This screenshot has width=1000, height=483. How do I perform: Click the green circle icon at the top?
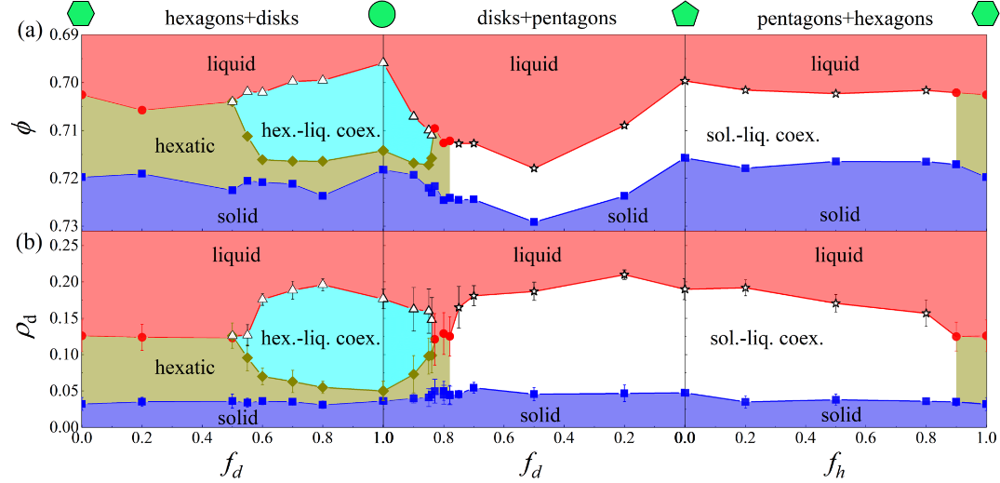[x=382, y=14]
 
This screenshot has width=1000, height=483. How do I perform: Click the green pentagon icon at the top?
[x=685, y=14]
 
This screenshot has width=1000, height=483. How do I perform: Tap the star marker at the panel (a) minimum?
[x=534, y=168]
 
